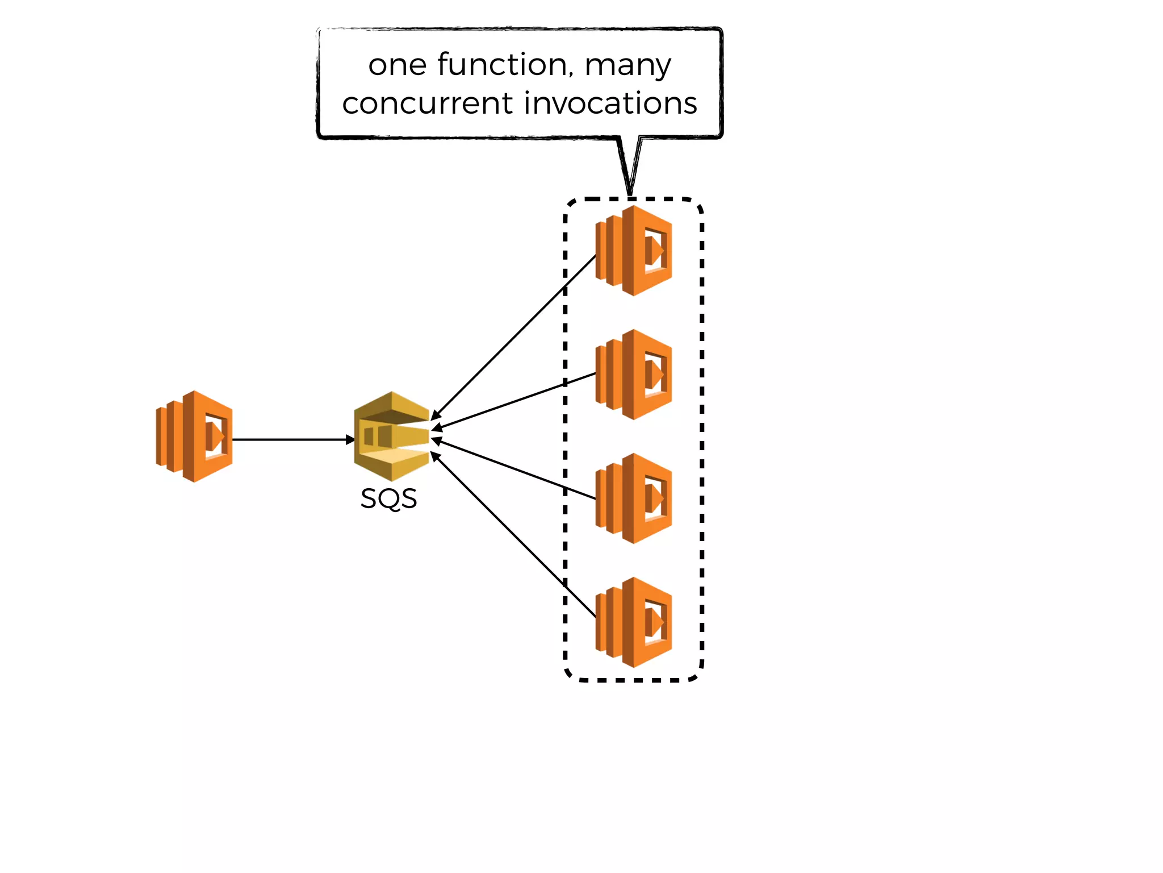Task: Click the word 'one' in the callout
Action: tap(397, 65)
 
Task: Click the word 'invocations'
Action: tap(610, 103)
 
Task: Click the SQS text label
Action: tap(388, 499)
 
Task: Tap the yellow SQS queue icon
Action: tap(392, 436)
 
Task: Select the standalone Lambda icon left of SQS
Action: tap(195, 436)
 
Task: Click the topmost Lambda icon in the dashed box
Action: tap(634, 251)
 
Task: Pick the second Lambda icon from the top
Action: tap(634, 375)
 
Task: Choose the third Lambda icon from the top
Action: tap(634, 498)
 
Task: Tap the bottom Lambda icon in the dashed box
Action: tap(634, 622)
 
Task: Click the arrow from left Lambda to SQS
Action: tap(290, 439)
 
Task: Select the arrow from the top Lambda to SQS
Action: tap(514, 338)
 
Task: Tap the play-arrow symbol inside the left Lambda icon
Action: tap(216, 436)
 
